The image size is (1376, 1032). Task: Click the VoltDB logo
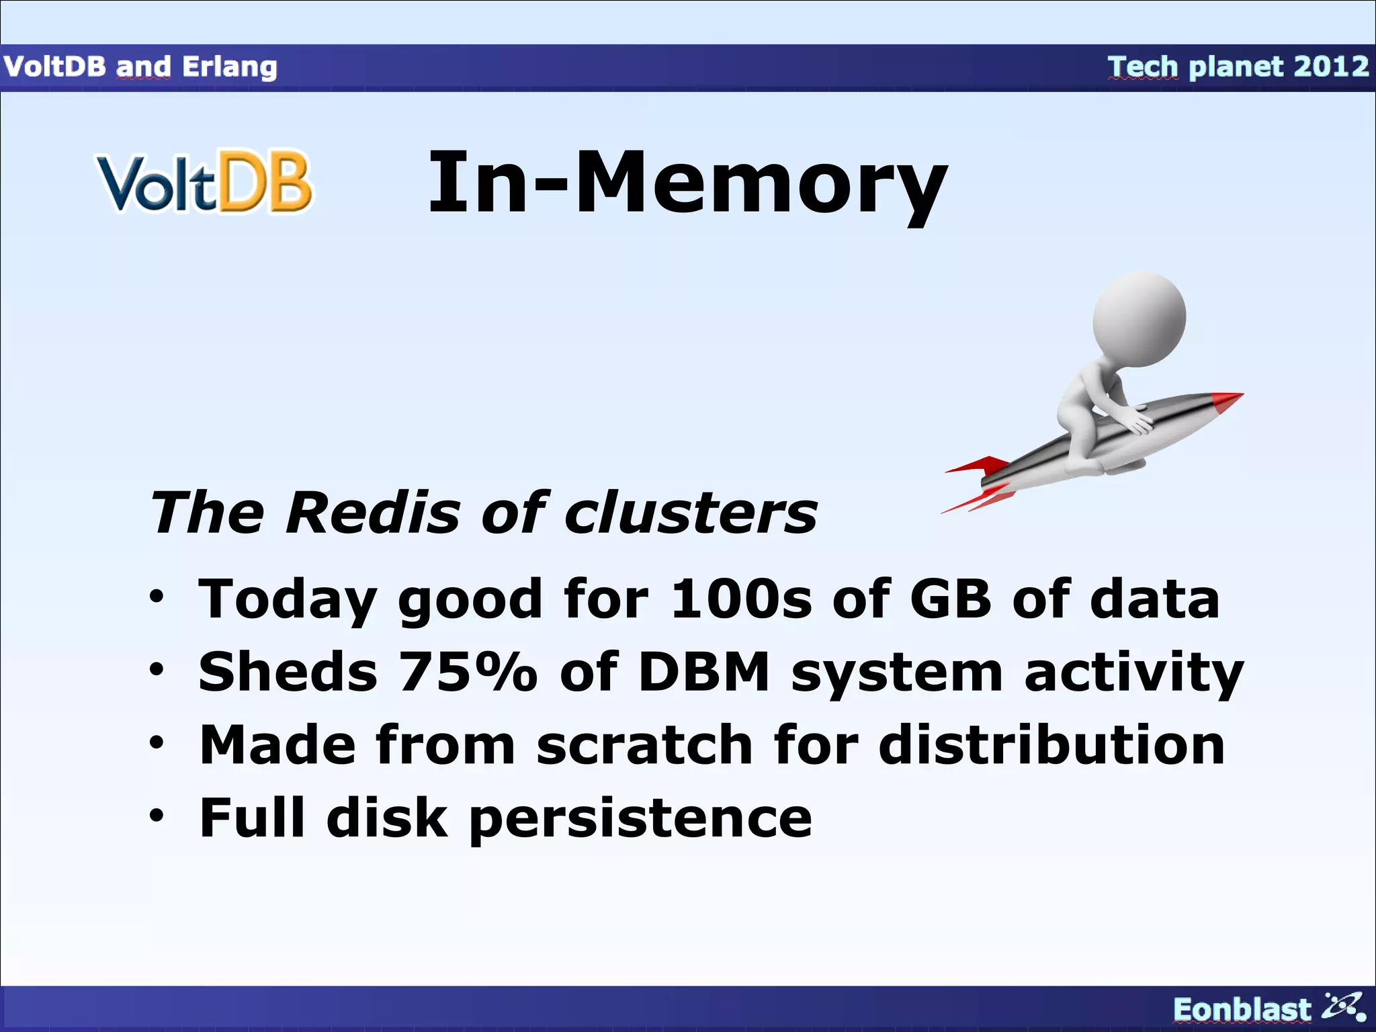205,182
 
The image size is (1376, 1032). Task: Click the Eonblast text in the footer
1241,1009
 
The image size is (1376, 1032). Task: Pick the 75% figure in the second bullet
468,671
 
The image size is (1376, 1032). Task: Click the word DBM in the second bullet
703,671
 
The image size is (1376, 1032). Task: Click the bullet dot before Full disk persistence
157,816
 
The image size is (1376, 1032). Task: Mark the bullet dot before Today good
157,596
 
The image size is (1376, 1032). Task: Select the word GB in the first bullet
950,599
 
